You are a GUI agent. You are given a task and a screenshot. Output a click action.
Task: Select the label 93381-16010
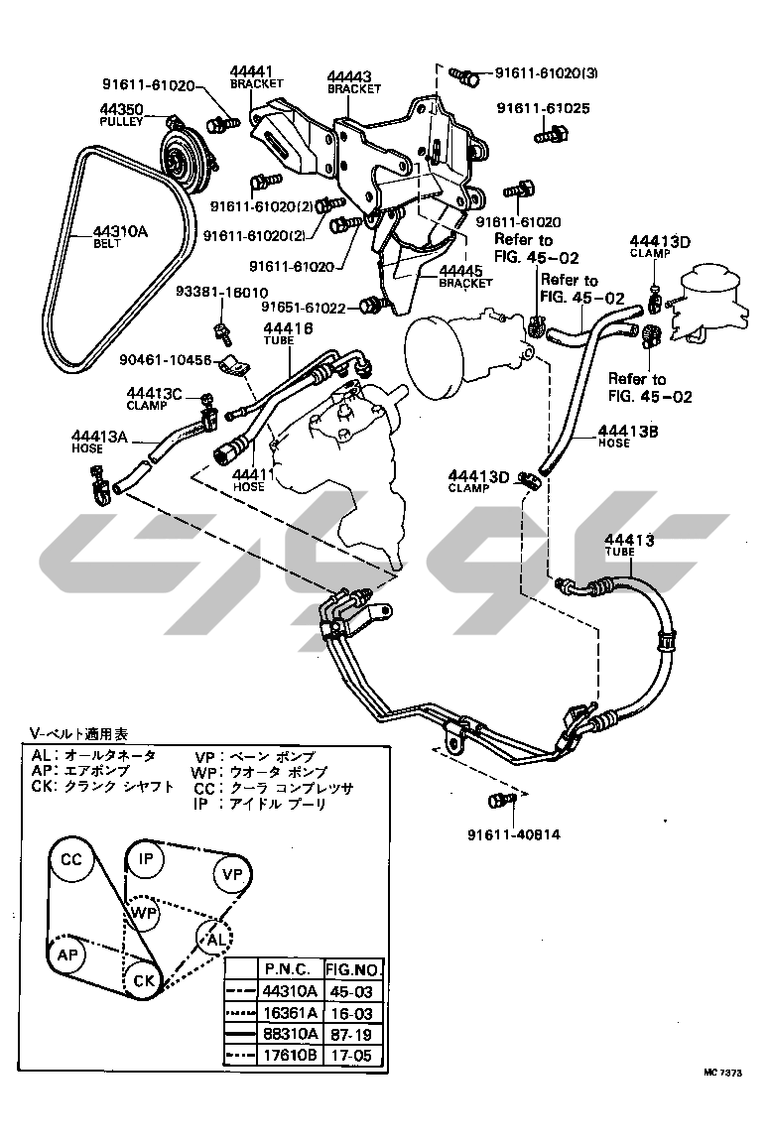click(x=221, y=293)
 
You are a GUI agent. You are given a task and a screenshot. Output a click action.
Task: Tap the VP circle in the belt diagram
click(x=231, y=874)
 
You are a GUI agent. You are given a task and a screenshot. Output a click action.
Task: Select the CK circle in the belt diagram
click(x=144, y=979)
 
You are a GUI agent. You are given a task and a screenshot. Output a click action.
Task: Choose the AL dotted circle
click(x=212, y=936)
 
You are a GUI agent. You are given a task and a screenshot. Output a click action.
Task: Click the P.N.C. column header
click(x=289, y=969)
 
